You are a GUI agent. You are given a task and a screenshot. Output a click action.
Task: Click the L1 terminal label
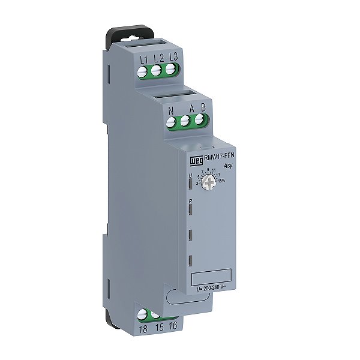[143, 59]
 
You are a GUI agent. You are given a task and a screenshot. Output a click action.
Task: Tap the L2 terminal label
[158, 58]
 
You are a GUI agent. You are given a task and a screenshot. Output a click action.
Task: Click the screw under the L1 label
[143, 73]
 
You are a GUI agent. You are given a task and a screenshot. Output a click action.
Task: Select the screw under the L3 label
[172, 70]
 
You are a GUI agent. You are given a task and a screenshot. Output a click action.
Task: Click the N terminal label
[171, 111]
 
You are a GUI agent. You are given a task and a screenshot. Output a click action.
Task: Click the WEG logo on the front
[193, 160]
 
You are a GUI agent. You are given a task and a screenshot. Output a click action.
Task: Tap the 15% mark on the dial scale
[221, 181]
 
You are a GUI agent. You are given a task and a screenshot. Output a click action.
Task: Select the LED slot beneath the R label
[190, 209]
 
